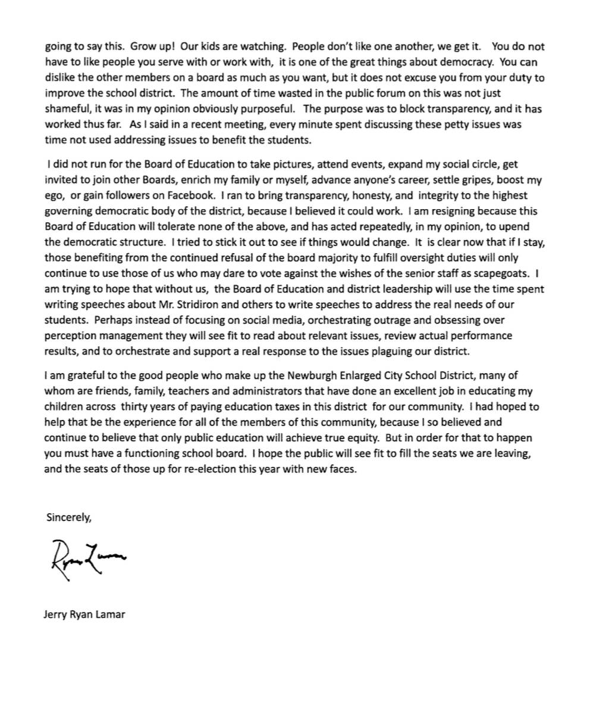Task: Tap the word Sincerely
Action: [68, 517]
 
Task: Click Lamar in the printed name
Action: [109, 614]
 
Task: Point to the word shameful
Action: [69, 109]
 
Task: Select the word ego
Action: [55, 195]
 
